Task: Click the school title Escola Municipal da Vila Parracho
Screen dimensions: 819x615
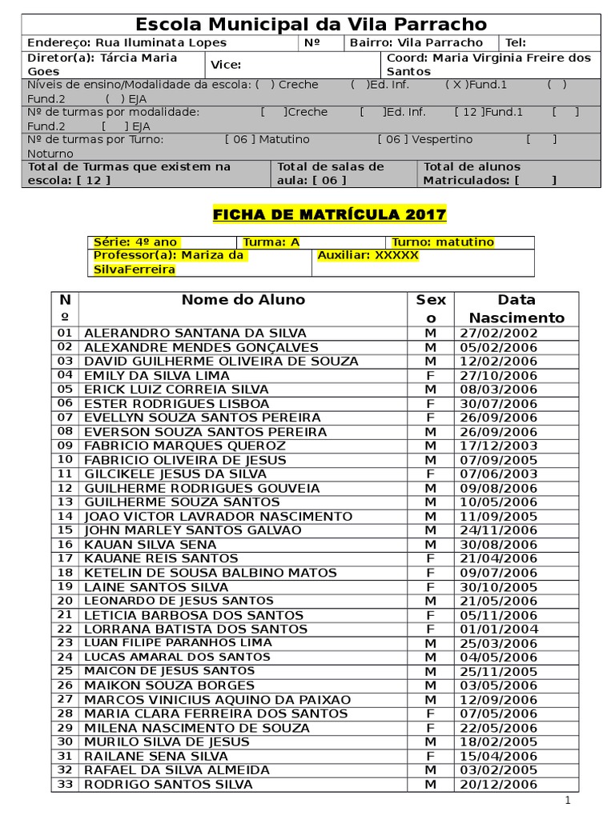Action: (x=311, y=25)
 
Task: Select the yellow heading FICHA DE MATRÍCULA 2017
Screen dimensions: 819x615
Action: (x=329, y=214)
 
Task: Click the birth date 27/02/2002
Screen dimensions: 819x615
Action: (x=500, y=333)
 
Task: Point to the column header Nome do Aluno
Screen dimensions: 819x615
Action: (x=243, y=300)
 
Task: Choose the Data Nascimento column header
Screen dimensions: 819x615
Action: (x=517, y=309)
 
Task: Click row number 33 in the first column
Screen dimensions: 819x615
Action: (x=65, y=784)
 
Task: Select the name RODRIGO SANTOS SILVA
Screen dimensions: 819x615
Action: (x=168, y=784)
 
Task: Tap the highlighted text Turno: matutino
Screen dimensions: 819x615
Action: (x=443, y=242)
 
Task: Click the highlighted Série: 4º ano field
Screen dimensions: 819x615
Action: (x=135, y=242)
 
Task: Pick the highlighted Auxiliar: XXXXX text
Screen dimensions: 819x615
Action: (x=368, y=256)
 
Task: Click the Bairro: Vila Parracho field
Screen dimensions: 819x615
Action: (x=416, y=43)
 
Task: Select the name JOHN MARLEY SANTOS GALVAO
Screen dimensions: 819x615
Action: (x=193, y=530)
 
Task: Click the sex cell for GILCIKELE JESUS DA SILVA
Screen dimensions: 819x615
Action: (x=430, y=473)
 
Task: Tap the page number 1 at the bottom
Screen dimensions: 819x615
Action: (x=567, y=801)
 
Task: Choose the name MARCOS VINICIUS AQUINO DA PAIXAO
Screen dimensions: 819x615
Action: (x=217, y=699)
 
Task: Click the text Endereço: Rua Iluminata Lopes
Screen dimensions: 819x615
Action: (x=127, y=43)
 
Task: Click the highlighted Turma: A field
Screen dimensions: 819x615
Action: (x=271, y=242)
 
